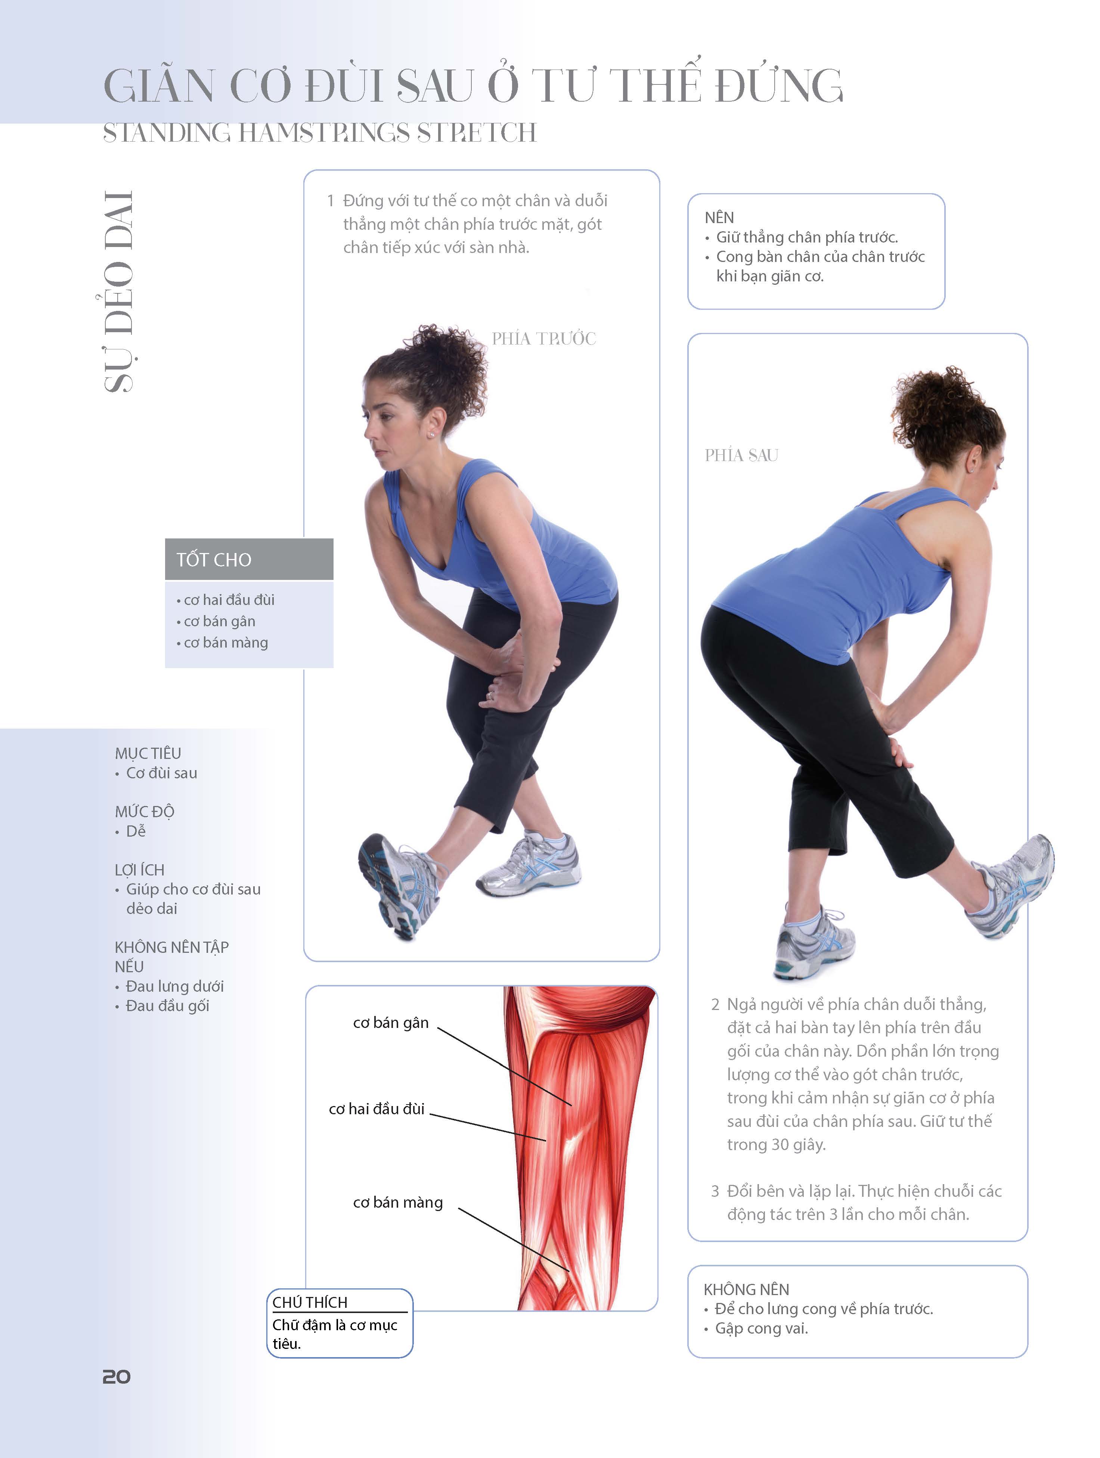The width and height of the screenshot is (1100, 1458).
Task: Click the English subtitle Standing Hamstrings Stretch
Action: pyautogui.click(x=320, y=133)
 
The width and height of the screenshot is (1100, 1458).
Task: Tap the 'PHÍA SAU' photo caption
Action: pyautogui.click(x=741, y=455)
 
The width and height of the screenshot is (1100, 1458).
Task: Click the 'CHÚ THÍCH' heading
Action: pyautogui.click(x=310, y=1303)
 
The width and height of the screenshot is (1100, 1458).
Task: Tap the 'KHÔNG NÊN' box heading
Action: pyautogui.click(x=746, y=1289)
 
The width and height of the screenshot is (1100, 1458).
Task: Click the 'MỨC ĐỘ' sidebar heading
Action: pyautogui.click(x=144, y=812)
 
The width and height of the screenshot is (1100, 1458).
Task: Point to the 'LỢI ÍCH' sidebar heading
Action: pyautogui.click(x=140, y=869)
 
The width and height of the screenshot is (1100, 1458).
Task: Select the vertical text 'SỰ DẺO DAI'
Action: pyautogui.click(x=119, y=292)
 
